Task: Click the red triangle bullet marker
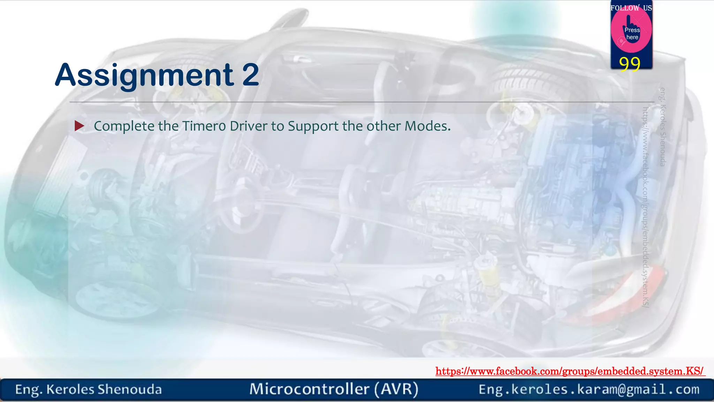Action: coord(79,126)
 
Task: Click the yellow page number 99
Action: coord(630,64)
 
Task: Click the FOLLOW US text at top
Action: coord(631,8)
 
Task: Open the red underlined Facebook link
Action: coord(570,371)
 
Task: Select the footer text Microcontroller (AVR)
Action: coord(334,389)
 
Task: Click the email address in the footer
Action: coord(589,389)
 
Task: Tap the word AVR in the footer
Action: coord(396,389)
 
